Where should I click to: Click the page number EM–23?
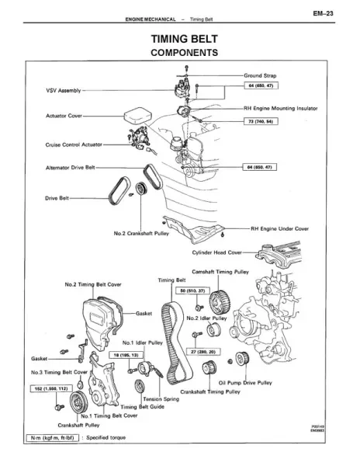tap(324, 13)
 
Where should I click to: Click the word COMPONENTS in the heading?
tap(185, 53)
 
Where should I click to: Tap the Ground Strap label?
tap(260, 75)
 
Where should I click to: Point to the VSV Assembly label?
tap(63, 90)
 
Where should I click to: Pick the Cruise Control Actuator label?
tap(74, 144)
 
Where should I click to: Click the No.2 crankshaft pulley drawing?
tap(140, 189)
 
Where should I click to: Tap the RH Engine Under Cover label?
tap(279, 228)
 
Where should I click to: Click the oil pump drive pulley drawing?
tap(242, 359)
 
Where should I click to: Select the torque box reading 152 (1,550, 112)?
tap(51, 388)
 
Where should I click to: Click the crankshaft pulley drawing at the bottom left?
tap(78, 402)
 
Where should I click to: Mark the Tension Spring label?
tap(161, 399)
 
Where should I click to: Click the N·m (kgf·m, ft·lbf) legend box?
tap(52, 437)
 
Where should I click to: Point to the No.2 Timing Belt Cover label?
tap(93, 284)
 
